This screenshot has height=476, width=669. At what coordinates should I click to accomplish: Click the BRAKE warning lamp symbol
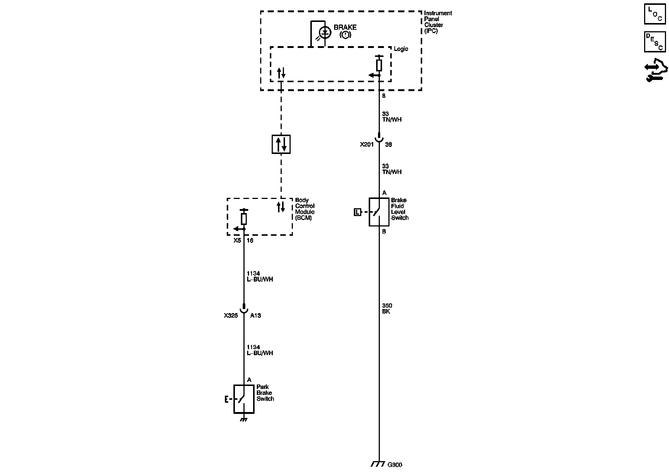(x=325, y=33)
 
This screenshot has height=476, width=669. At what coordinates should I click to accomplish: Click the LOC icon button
(x=655, y=14)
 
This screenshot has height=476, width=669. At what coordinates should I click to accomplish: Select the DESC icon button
(x=655, y=42)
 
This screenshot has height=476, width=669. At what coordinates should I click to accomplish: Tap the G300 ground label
(x=395, y=464)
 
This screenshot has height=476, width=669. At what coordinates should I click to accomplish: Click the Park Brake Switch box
(x=244, y=399)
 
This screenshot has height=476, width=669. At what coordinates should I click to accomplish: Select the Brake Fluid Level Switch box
(x=379, y=212)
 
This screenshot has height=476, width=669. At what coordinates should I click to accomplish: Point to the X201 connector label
(x=366, y=145)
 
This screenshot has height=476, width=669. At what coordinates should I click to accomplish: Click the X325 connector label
(x=231, y=315)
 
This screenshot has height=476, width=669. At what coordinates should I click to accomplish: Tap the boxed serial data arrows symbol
(x=281, y=144)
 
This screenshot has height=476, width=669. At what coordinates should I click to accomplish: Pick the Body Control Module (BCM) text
(x=305, y=209)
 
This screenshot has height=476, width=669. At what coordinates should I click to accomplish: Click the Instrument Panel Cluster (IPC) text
(x=438, y=22)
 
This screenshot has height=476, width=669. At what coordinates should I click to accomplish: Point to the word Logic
(x=401, y=49)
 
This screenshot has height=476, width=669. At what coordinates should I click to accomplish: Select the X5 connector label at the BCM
(x=237, y=241)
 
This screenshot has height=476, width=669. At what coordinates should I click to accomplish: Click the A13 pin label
(x=255, y=315)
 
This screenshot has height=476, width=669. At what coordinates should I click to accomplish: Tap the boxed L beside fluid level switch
(x=357, y=212)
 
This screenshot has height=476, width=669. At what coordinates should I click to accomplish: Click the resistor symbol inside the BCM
(x=244, y=219)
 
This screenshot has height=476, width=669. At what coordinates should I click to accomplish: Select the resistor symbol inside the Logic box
(x=379, y=65)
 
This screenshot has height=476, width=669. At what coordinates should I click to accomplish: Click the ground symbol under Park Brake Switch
(x=244, y=419)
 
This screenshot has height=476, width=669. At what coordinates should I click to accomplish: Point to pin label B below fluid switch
(x=384, y=231)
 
